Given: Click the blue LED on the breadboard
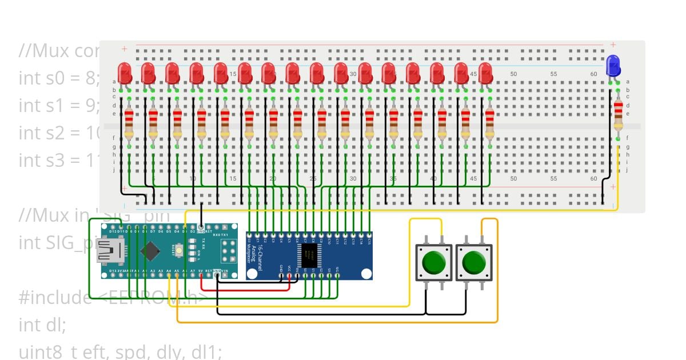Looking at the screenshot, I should click(x=613, y=65).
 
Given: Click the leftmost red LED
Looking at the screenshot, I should click(x=124, y=73).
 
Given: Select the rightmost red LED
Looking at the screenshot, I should click(x=485, y=73).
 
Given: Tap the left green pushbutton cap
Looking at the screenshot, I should click(x=434, y=263).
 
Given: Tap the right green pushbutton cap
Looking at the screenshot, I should click(x=473, y=263).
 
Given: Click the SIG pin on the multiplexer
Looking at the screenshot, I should click(x=337, y=277).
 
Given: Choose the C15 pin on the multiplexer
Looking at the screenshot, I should click(x=369, y=235).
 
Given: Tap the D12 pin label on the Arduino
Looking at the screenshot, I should click(x=105, y=231).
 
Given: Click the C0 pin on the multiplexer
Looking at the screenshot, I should click(x=249, y=235).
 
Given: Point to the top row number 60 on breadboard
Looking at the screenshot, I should click(x=593, y=74).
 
